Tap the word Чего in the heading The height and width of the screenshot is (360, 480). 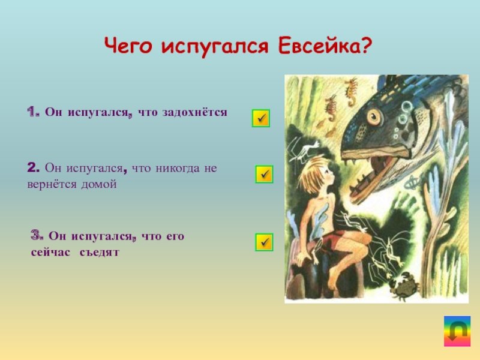click(x=128, y=47)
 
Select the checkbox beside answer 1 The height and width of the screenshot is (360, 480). click(x=261, y=118)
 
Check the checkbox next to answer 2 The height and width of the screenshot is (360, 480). click(x=264, y=175)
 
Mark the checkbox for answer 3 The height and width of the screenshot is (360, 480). click(x=264, y=242)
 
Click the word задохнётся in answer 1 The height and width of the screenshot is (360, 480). click(x=195, y=112)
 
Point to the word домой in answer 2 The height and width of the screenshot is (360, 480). click(x=99, y=184)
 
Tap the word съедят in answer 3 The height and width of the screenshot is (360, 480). click(x=99, y=253)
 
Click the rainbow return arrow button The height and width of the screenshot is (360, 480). click(x=457, y=331)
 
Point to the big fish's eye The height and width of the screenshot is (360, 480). click(x=374, y=116)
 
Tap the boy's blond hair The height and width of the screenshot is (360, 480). click(x=312, y=172)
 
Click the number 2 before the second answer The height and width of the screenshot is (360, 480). click(x=33, y=168)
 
